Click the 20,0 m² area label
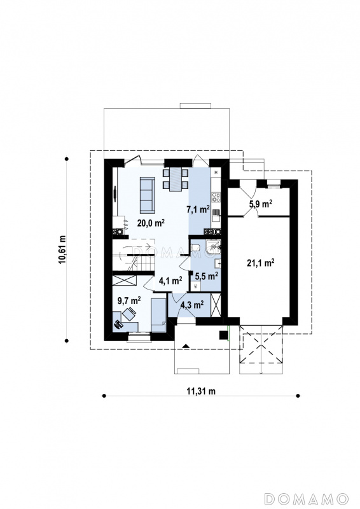151,223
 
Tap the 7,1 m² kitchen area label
198,209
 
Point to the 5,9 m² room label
260,204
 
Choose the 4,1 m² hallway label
170,281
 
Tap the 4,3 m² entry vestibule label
192,304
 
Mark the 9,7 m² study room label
129,301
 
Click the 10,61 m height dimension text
63,249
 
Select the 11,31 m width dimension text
201,391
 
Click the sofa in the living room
147,194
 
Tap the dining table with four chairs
176,179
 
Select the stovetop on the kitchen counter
216,197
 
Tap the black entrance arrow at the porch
185,346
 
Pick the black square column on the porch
224,335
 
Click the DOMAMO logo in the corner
306,498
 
